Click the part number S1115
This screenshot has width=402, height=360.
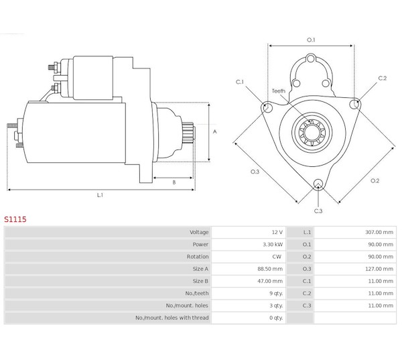(15, 219)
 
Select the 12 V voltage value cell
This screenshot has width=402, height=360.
(277, 232)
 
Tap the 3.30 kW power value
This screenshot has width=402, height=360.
(273, 245)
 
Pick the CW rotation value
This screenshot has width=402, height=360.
(277, 257)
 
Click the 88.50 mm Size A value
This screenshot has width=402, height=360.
(270, 269)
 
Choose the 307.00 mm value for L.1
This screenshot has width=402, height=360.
(379, 232)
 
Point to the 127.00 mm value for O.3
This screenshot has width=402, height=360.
(379, 269)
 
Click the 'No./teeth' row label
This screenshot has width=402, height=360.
(197, 293)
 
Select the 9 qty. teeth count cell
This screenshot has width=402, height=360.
(276, 293)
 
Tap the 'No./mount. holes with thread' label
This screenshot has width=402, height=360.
(172, 318)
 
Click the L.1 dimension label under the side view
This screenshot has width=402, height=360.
(100, 195)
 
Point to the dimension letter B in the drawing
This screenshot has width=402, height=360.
(174, 182)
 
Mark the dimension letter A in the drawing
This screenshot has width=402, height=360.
(215, 131)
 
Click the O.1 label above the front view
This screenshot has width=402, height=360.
(311, 40)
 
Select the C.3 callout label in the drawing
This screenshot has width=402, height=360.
(318, 211)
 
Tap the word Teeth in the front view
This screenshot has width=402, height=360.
(279, 91)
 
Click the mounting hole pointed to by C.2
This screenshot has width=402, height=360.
(354, 104)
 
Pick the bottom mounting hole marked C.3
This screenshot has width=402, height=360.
(318, 184)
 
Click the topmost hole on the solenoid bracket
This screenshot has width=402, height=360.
(311, 58)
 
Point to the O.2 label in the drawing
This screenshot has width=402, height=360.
(375, 181)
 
